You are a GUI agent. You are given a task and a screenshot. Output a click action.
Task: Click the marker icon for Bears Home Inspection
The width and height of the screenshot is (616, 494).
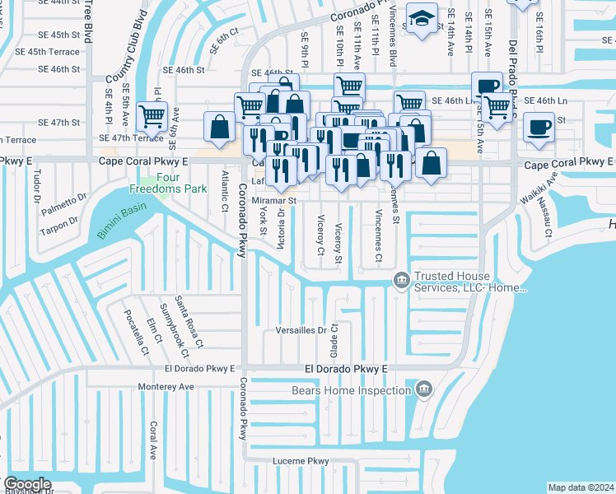(424, 387)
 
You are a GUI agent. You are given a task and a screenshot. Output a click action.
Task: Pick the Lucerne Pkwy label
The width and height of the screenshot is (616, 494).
(301, 460)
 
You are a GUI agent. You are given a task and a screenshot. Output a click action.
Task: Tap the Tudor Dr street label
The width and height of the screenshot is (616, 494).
(37, 186)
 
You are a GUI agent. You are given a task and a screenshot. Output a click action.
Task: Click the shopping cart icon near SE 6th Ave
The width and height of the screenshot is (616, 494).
(152, 115)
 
